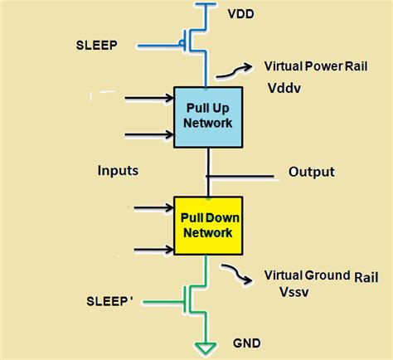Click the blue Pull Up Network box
pos(206,117)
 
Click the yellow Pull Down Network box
pos(208,224)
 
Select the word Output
pos(311,172)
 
